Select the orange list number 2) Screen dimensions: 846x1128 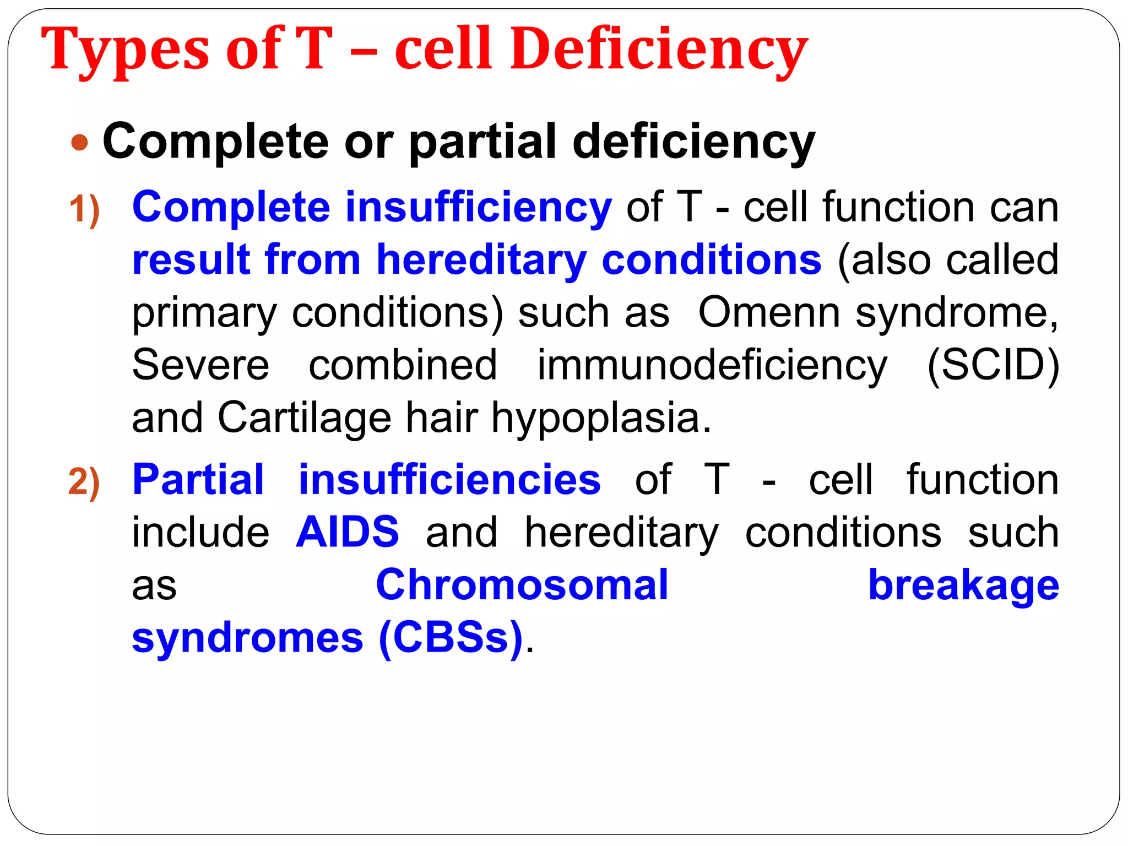pos(84,482)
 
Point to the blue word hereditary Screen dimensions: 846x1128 pos(481,261)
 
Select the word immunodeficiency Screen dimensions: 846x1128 pos(712,366)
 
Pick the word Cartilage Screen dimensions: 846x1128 pos(304,417)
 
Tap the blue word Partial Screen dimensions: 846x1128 pos(198,480)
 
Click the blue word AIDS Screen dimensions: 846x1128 pos(347,532)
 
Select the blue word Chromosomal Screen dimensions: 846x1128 pos(522,585)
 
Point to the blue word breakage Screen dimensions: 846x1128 pos(963,585)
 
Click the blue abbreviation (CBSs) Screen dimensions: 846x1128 pos(450,637)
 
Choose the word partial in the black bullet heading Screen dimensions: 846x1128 pos(482,142)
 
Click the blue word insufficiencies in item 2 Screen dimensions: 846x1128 pos(449,480)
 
